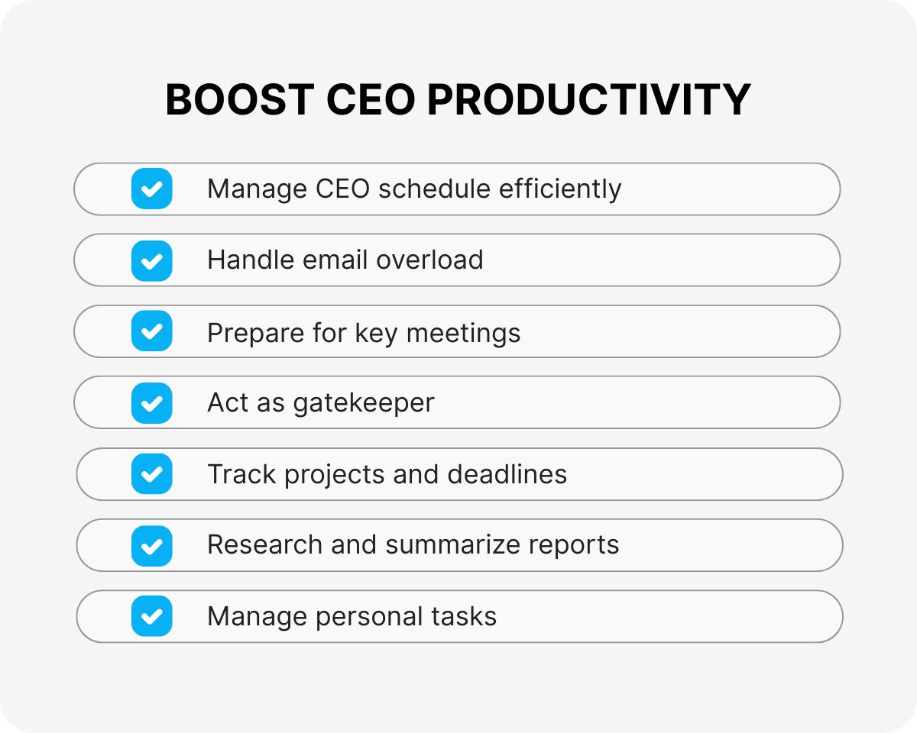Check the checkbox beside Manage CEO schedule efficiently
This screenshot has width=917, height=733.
tap(152, 189)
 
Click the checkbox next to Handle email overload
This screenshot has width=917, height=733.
tap(152, 260)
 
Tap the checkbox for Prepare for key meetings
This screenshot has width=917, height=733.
tap(152, 331)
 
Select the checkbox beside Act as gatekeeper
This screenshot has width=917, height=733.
tap(152, 402)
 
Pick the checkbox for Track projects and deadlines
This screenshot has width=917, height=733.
tap(152, 474)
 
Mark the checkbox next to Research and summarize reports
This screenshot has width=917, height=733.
tap(152, 545)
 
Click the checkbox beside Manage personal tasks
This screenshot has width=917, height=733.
tap(152, 616)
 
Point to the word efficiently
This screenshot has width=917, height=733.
tap(560, 189)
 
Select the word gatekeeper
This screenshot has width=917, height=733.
tap(364, 403)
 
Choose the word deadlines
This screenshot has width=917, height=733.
tap(507, 474)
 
